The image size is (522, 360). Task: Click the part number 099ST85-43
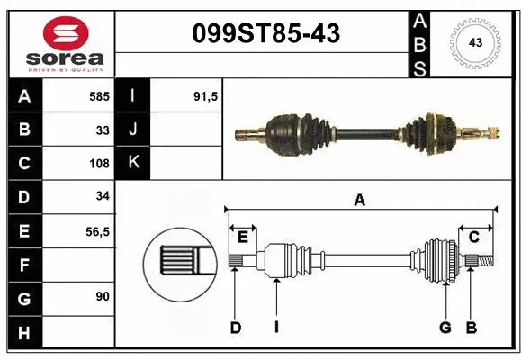coord(266,34)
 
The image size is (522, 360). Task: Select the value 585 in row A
coord(98,95)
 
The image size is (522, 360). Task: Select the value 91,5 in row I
coord(206,95)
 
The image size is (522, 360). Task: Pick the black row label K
coord(134,163)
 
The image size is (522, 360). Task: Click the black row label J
coord(134,130)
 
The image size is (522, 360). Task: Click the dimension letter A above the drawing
coord(359,201)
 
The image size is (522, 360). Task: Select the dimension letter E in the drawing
coord(242,237)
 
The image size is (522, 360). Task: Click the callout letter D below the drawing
coord(235,328)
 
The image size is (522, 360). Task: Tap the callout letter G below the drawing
coord(445,328)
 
